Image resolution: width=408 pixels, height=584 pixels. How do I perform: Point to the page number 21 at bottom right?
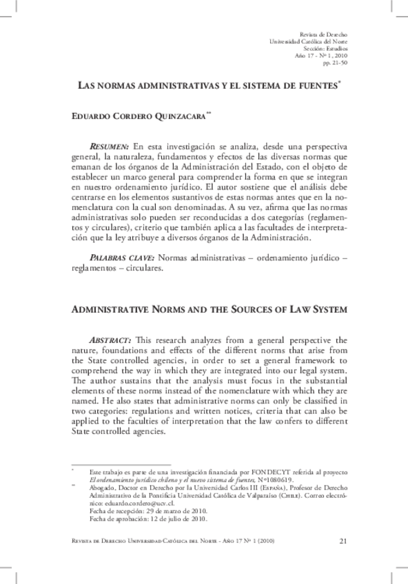pos(343,541)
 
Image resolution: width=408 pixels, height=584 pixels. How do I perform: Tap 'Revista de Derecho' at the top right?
pos(325,34)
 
